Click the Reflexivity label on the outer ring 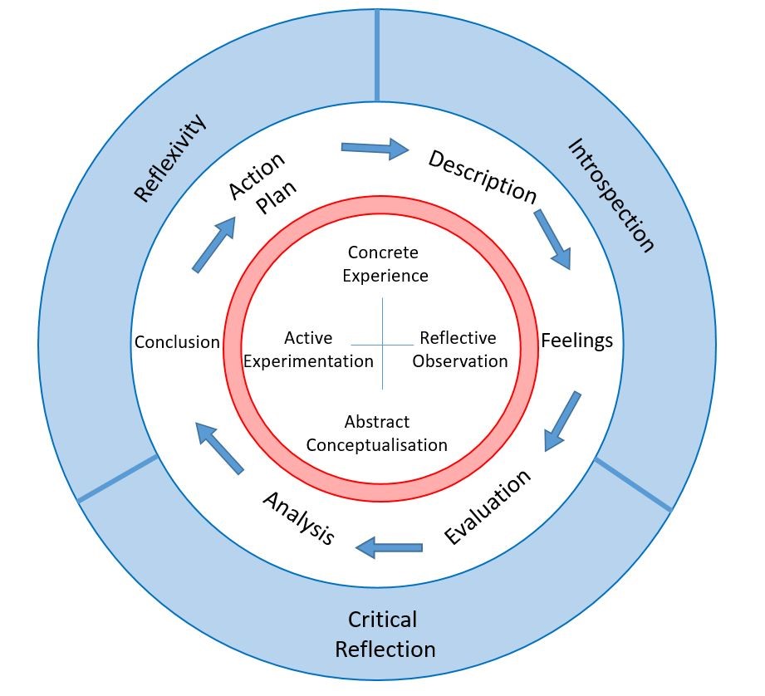tap(169, 159)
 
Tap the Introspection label tap(611, 194)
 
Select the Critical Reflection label tap(385, 634)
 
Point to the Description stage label tap(482, 175)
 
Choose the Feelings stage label tap(576, 341)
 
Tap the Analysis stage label tap(298, 517)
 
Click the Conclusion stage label tap(177, 342)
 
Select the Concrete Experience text tap(383, 263)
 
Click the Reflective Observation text tap(459, 350)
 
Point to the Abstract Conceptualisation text tap(376, 434)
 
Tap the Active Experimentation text tap(307, 350)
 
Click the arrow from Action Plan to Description tap(375, 149)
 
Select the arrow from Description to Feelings tap(552, 239)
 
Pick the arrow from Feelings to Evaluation tap(562, 422)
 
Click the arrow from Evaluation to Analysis tap(389, 547)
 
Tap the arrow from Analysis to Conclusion tap(219, 447)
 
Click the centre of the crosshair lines tap(382, 343)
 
